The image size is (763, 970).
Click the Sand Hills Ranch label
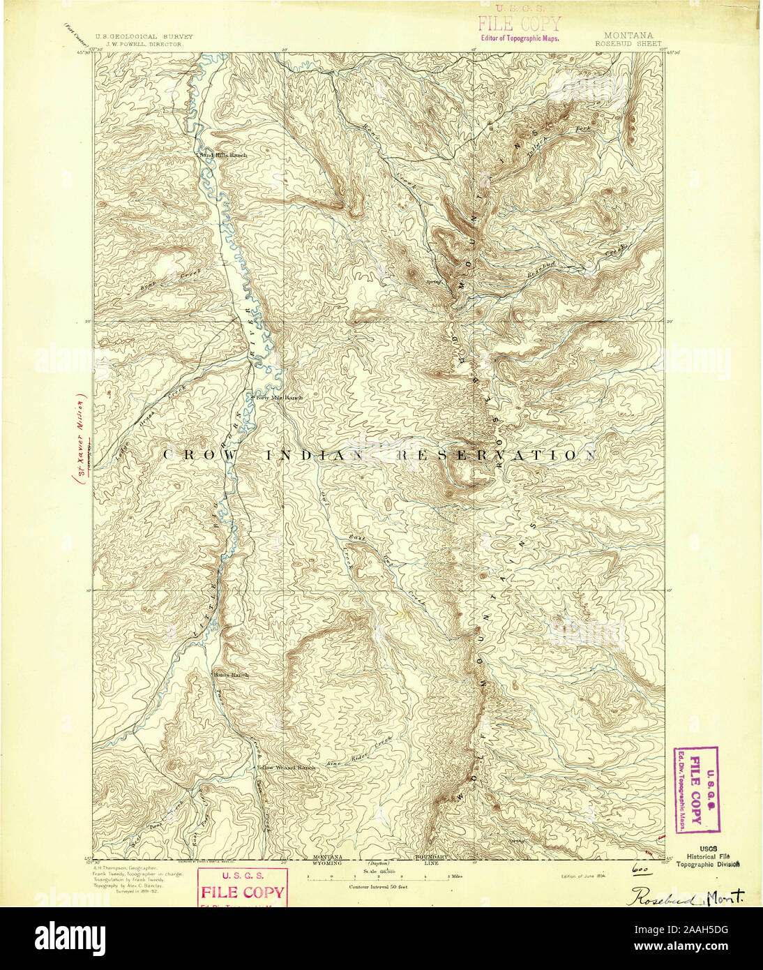[x=223, y=154]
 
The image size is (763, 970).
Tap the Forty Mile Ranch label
[x=278, y=398]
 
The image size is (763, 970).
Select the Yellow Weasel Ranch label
[x=287, y=768]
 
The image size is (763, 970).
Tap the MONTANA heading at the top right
[x=628, y=36]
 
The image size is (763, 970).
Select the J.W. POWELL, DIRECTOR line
[x=139, y=43]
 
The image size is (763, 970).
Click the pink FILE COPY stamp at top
[x=518, y=24]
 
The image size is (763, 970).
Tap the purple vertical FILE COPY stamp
[x=695, y=789]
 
